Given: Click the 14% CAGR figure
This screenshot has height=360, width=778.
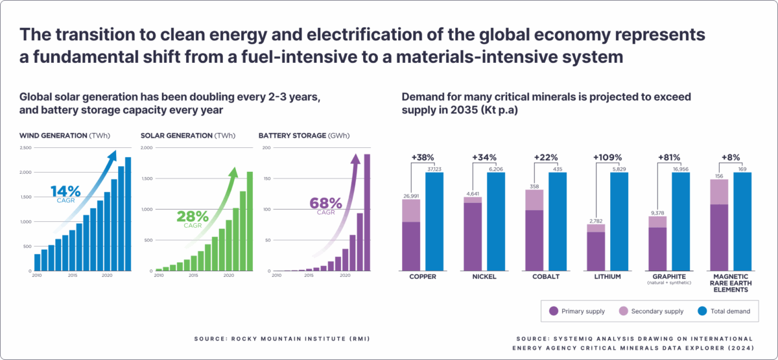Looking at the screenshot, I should click(65, 193).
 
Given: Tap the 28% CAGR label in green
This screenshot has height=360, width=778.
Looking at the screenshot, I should click(194, 217).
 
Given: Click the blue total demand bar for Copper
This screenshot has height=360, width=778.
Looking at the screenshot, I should click(434, 221).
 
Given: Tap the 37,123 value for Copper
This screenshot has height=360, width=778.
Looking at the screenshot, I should click(434, 168).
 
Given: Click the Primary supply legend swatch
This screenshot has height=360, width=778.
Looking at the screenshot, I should click(554, 311).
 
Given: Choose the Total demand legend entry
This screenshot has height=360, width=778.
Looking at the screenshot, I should click(724, 311).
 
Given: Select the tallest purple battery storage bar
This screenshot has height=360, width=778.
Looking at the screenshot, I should click(367, 212).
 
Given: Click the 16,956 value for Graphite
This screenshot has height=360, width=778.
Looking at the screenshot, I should click(681, 168).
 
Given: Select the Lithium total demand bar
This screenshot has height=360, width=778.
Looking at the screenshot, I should click(619, 221).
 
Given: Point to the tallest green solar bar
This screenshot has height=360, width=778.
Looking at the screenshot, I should click(250, 221).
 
